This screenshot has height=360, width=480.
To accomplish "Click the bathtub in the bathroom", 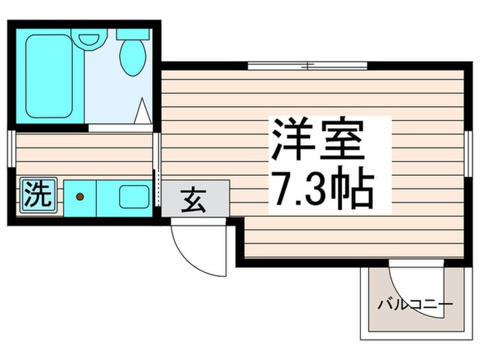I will [x=49, y=75].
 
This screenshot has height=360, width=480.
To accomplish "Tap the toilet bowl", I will [x=132, y=56].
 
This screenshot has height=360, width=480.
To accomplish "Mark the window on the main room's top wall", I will [x=307, y=67].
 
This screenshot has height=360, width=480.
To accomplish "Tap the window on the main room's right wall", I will [x=468, y=154].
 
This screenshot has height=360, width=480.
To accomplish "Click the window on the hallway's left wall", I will [x=11, y=147].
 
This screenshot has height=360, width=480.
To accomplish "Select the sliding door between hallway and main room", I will [x=157, y=154].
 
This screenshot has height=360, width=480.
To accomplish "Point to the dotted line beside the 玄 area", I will [x=160, y=195].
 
